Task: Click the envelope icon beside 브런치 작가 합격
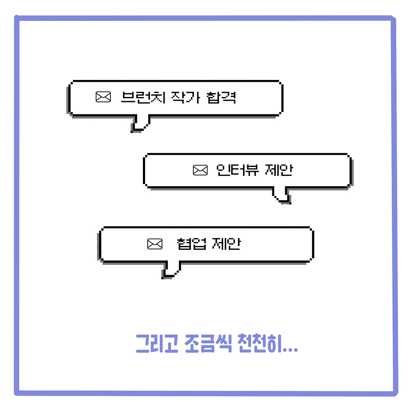pyautogui.click(x=103, y=97)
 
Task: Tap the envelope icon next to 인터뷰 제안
pyautogui.click(x=200, y=170)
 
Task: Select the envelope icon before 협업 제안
pyautogui.click(x=155, y=244)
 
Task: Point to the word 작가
pyautogui.click(x=186, y=97)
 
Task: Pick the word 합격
pyautogui.click(x=222, y=97)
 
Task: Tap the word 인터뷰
pyautogui.click(x=237, y=170)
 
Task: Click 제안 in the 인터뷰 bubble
pyautogui.click(x=279, y=170)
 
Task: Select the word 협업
pyautogui.click(x=192, y=244)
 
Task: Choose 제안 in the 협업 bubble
pyautogui.click(x=226, y=244)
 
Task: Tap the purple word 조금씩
pyautogui.click(x=208, y=344)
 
